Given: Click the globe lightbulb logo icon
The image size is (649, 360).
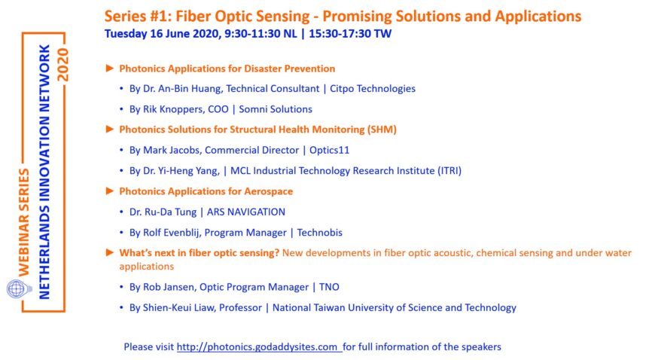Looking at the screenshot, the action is click(x=19, y=289).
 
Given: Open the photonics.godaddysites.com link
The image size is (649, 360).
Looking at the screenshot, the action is click(x=259, y=346).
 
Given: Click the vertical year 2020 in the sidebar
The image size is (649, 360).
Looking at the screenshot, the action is click(x=62, y=65).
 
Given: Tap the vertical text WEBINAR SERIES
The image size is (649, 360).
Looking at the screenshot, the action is click(x=23, y=222).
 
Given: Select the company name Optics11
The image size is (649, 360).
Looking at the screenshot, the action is click(x=330, y=150).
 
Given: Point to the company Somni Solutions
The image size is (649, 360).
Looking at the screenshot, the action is click(x=276, y=109).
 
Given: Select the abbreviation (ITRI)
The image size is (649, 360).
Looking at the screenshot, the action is click(x=449, y=171).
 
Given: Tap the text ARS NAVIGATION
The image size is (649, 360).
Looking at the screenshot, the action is click(x=246, y=212).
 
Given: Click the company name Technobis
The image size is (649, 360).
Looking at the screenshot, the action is click(x=319, y=233).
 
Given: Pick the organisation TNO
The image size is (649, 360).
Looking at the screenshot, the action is click(x=329, y=287).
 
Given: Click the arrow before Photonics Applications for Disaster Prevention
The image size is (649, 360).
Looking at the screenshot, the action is click(x=110, y=68).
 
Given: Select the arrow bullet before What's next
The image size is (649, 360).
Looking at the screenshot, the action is click(x=110, y=252).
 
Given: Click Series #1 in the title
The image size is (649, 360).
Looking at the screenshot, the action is click(x=138, y=17).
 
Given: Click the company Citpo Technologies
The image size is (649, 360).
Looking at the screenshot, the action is click(x=373, y=89).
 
